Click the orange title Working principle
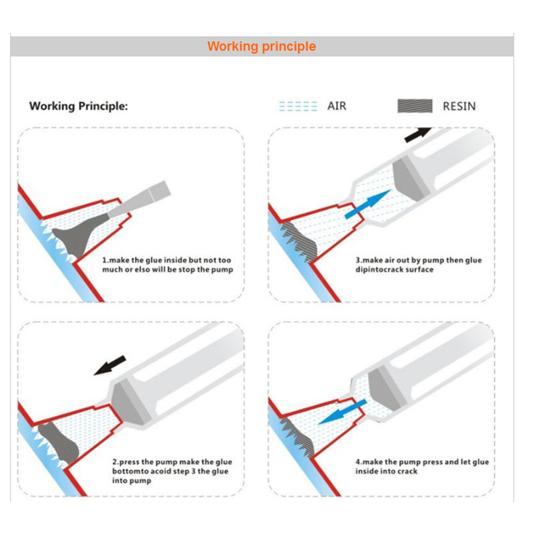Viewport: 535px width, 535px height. click(x=261, y=46)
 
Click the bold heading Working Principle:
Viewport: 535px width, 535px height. click(x=78, y=106)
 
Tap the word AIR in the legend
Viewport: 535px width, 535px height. click(x=336, y=106)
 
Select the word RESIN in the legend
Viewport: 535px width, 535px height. click(x=459, y=106)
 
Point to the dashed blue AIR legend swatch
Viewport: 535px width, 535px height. click(x=298, y=106)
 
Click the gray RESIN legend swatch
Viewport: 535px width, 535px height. click(x=415, y=106)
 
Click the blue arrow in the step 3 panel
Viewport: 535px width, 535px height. click(x=368, y=204)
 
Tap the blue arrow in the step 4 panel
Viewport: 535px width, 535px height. click(x=342, y=412)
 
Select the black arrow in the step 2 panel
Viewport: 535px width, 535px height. click(x=110, y=365)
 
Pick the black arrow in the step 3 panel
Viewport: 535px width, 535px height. click(x=418, y=135)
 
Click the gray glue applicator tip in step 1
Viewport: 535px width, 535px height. click(x=139, y=200)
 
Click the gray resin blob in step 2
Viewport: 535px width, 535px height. click(x=58, y=443)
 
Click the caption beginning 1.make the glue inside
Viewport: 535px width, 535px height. click(x=168, y=265)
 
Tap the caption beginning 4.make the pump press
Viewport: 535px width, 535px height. click(x=422, y=466)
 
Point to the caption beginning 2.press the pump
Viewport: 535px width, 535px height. click(x=172, y=471)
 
